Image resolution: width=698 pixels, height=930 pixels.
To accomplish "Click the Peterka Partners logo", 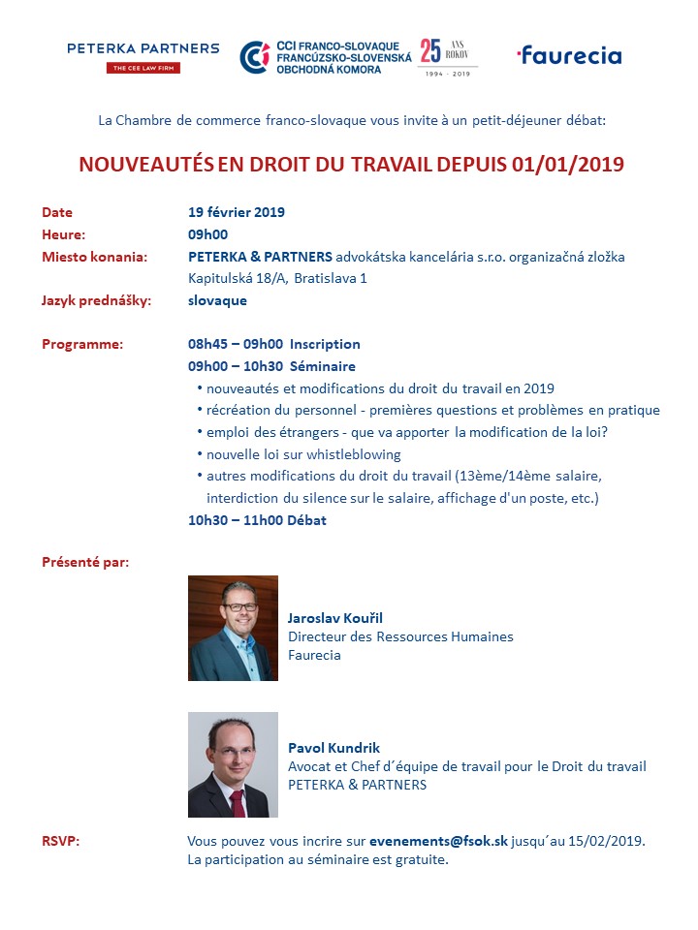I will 143,56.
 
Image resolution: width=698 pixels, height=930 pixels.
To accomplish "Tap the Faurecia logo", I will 569,55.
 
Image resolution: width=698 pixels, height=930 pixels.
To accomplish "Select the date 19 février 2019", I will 237,213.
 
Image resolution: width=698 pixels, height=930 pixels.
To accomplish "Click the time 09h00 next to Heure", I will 207,234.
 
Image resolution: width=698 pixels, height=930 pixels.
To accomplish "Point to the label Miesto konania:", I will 95,257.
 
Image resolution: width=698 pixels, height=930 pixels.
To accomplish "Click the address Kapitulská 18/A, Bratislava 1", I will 278,279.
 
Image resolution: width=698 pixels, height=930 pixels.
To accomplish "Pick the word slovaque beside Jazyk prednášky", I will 217,300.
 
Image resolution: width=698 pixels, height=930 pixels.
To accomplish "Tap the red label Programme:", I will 82,344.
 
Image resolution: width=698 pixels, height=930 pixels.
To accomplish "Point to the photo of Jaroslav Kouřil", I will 233,628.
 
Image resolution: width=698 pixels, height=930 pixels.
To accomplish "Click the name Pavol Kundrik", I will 333,748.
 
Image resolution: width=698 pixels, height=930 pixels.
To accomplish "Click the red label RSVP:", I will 61,841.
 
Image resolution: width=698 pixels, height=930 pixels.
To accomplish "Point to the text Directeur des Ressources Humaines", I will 400,636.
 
